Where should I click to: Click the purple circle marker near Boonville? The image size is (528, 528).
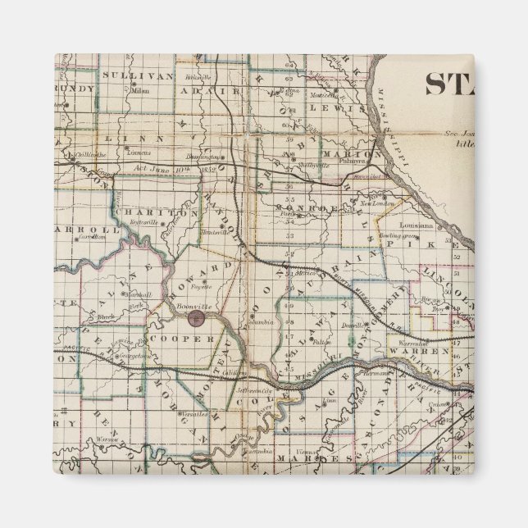[x=196, y=317]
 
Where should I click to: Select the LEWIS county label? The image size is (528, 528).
[x=348, y=107]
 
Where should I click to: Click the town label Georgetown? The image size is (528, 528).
[x=113, y=357]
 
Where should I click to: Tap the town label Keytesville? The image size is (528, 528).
[x=169, y=222]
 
